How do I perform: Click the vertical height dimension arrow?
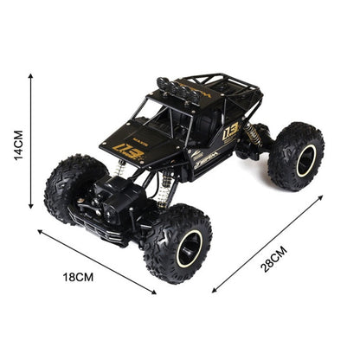point(31,142)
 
